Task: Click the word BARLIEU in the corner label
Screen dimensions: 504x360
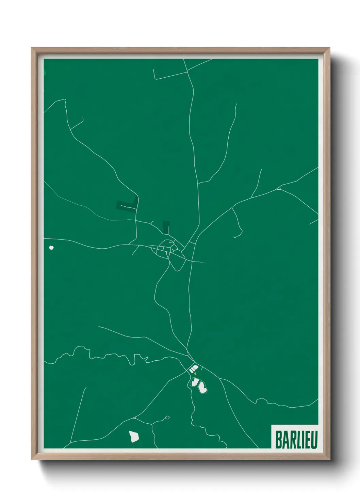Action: (x=296, y=440)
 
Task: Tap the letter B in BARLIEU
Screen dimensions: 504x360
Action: (x=278, y=440)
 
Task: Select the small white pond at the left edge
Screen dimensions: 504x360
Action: (x=51, y=248)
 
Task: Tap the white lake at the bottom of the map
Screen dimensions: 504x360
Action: (x=134, y=436)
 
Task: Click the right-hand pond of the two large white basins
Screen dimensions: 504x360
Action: (x=202, y=387)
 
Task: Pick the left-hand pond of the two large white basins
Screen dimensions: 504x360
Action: (x=195, y=382)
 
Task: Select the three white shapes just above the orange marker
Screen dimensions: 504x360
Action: (x=194, y=369)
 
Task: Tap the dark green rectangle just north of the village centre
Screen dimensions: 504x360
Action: (x=166, y=227)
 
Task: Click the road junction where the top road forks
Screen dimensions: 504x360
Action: (x=187, y=72)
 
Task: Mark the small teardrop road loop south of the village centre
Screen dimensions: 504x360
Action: (x=177, y=264)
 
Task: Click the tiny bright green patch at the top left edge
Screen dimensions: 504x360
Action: (x=44, y=72)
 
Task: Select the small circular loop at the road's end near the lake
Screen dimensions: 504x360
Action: (x=167, y=417)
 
